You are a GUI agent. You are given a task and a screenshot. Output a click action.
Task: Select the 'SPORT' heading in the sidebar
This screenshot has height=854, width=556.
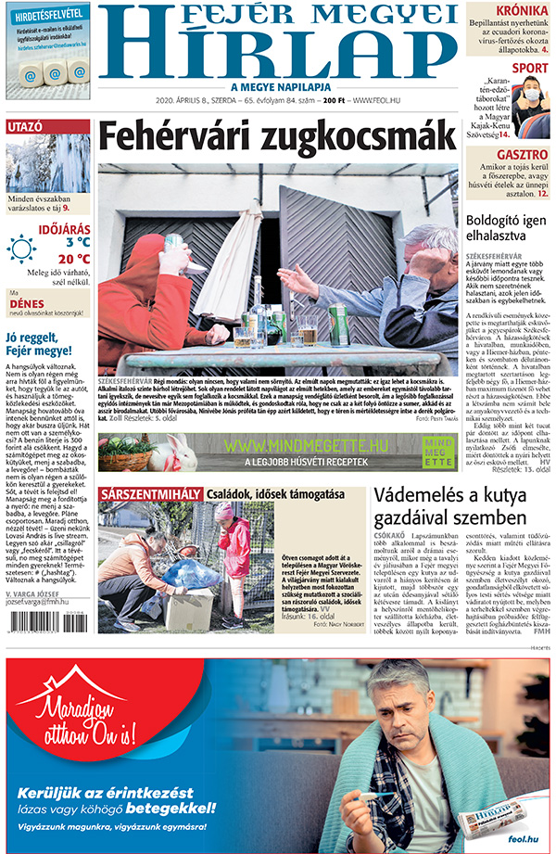point(529,68)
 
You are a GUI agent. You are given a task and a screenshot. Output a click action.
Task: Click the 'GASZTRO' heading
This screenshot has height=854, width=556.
point(521,154)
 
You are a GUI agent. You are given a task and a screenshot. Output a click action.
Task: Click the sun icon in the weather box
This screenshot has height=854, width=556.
point(22,249)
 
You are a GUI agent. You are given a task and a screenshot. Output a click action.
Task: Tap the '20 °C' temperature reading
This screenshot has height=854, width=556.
point(72,259)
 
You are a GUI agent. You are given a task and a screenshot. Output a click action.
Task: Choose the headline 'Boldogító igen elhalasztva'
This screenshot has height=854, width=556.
point(504,231)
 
